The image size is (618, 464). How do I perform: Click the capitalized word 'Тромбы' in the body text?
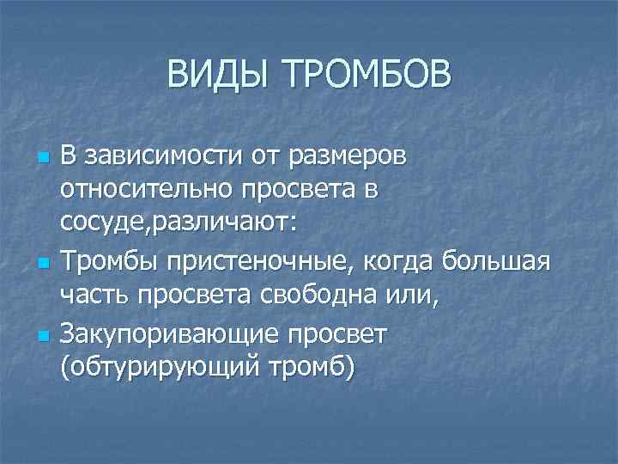(100, 259)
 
